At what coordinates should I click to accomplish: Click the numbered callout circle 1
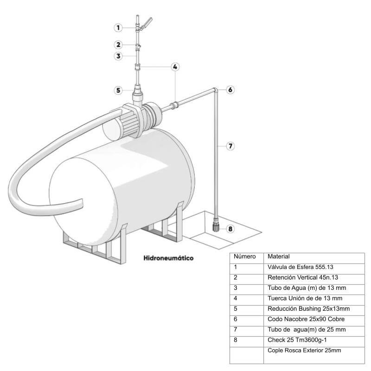point(118,28)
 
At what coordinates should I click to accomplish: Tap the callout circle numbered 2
point(118,45)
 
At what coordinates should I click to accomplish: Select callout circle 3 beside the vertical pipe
point(118,56)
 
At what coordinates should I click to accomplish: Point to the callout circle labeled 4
point(175,67)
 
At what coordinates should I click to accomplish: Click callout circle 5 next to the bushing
point(118,90)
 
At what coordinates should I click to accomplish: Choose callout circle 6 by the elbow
point(230,90)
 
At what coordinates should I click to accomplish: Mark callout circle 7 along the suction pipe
point(230,146)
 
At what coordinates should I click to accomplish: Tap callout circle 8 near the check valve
point(230,228)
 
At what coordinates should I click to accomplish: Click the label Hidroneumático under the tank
point(169,257)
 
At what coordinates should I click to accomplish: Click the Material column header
point(279,256)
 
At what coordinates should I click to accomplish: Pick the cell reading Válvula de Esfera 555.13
point(301,267)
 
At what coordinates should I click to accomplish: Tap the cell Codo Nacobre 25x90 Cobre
point(306,319)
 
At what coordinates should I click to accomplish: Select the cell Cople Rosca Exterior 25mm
point(304,350)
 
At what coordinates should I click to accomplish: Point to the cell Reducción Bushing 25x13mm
point(308,309)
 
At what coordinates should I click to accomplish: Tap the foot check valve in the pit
point(216,227)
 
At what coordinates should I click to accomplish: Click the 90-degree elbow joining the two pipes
point(215,90)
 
